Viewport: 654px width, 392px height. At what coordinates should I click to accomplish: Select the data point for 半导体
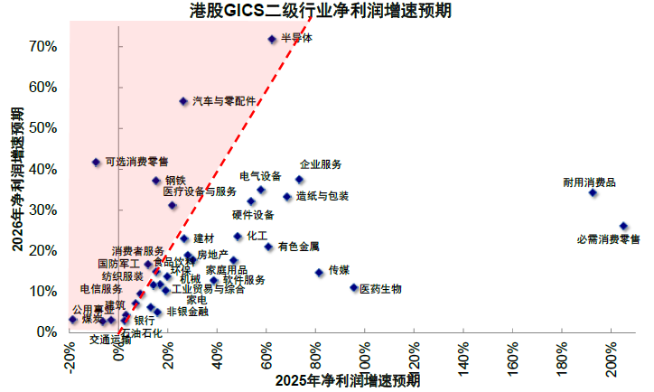point(273,39)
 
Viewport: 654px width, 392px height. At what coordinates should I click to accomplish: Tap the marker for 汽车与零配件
point(183,101)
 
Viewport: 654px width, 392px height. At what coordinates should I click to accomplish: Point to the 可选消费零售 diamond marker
point(97,163)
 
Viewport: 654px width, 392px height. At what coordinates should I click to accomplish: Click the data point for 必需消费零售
point(623,226)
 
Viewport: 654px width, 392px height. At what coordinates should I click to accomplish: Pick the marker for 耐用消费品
point(593,192)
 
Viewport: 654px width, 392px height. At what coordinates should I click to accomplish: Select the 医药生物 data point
point(354,287)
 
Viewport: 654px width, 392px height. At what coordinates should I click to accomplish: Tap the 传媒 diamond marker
point(319,272)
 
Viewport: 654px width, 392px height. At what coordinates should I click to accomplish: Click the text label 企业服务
point(321,164)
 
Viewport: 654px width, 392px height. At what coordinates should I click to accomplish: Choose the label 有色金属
point(298,246)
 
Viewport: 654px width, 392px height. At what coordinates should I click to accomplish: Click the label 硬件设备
point(253,215)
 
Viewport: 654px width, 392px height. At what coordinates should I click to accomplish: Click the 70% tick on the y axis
point(44,46)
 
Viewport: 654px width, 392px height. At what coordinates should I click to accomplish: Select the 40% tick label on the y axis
point(44,169)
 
